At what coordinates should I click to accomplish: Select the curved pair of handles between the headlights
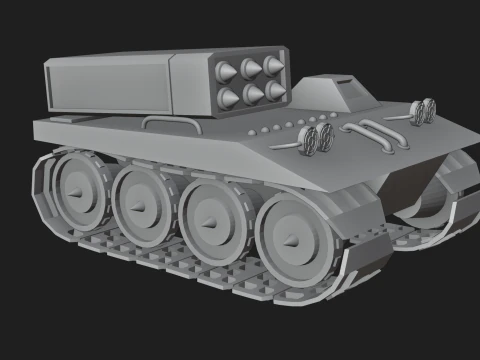(x=373, y=134)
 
